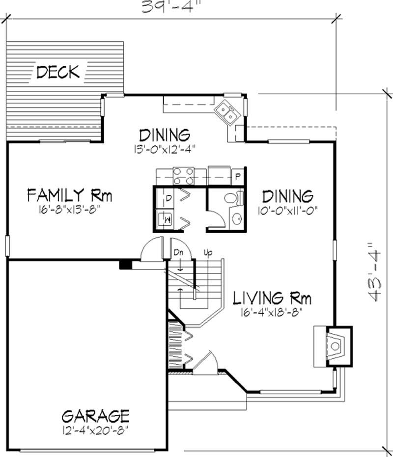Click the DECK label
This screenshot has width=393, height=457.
click(x=58, y=73)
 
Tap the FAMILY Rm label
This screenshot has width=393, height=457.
click(x=69, y=196)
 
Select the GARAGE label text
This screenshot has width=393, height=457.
click(x=95, y=416)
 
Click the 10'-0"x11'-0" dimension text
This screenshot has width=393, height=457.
click(x=287, y=210)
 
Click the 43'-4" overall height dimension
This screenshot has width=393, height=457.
click(x=376, y=271)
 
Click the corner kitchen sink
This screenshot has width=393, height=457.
click(x=227, y=112)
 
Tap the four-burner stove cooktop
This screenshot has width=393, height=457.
click(x=183, y=175)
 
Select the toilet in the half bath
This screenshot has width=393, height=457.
click(x=232, y=198)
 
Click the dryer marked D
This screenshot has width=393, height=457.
click(x=168, y=198)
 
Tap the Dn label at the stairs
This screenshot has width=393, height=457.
click(x=178, y=253)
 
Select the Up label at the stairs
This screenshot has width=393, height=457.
click(x=208, y=253)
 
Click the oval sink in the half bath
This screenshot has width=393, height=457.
click(x=235, y=219)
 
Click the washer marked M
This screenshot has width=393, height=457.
click(x=167, y=217)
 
